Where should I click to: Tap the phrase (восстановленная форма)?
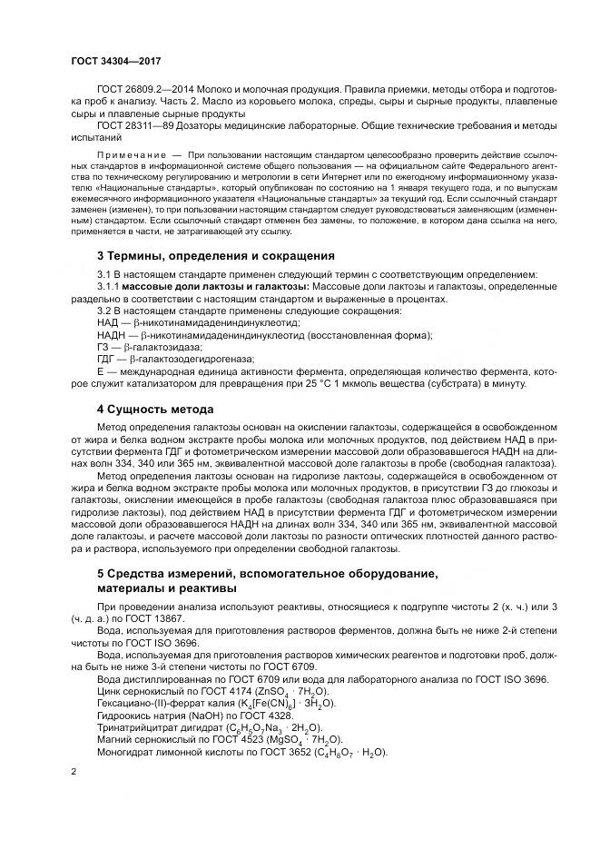369,334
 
